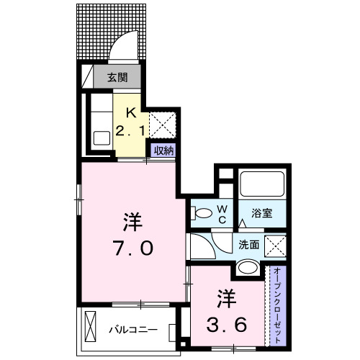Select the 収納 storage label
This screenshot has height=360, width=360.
pos(163,150)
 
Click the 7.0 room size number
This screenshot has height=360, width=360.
pos(131,248)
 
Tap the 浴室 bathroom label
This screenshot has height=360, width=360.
pos(261,213)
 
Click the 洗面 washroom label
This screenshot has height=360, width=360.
pos(249,244)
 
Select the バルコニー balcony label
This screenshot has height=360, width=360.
pos(132,329)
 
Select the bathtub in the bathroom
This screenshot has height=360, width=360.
pos(263,184)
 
